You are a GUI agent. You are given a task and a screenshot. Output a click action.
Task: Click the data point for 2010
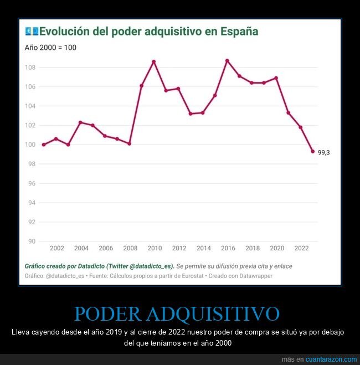153,61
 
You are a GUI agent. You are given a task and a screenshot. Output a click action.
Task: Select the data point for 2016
227,60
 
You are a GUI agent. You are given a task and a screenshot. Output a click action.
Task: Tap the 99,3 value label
323,152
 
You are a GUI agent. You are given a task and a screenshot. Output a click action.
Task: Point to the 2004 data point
80,122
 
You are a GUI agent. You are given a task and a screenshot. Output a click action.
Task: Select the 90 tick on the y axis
32,241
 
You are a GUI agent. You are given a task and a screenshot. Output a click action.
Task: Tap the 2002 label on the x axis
56,248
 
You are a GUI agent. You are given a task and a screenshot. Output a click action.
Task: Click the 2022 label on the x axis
301,248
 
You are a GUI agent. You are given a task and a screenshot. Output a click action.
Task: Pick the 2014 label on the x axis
203,248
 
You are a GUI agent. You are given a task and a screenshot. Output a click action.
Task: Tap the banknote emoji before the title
32,32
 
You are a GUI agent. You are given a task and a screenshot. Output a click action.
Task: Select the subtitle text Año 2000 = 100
50,48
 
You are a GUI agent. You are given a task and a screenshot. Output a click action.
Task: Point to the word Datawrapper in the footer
255,276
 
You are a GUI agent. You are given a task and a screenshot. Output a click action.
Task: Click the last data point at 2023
313,151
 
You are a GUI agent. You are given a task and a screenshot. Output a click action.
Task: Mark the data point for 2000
44,145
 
